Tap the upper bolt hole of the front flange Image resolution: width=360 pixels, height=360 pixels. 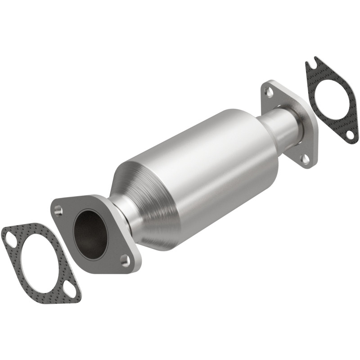tap(58, 210)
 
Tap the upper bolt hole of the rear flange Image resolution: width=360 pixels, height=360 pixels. tap(269, 92)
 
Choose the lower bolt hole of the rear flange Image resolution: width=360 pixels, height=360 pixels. tap(306, 158)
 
